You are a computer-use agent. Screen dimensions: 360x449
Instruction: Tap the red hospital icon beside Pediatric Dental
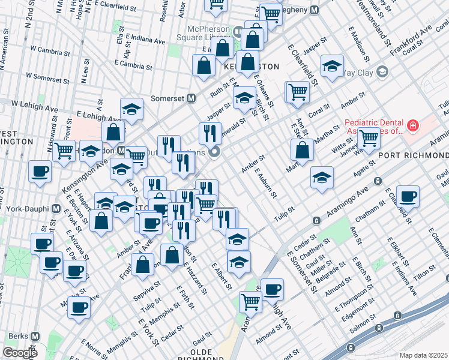[x=412, y=126]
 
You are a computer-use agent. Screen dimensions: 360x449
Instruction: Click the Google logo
[x=20, y=353]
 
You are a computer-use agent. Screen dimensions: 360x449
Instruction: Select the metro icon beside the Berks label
[x=35, y=337]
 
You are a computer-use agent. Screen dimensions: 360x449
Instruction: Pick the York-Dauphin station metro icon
[x=57, y=210]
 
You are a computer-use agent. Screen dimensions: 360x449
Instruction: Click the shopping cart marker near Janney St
[x=368, y=138]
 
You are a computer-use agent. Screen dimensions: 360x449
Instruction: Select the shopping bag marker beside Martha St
[x=304, y=150]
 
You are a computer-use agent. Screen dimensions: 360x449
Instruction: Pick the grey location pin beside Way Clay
[x=382, y=73]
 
